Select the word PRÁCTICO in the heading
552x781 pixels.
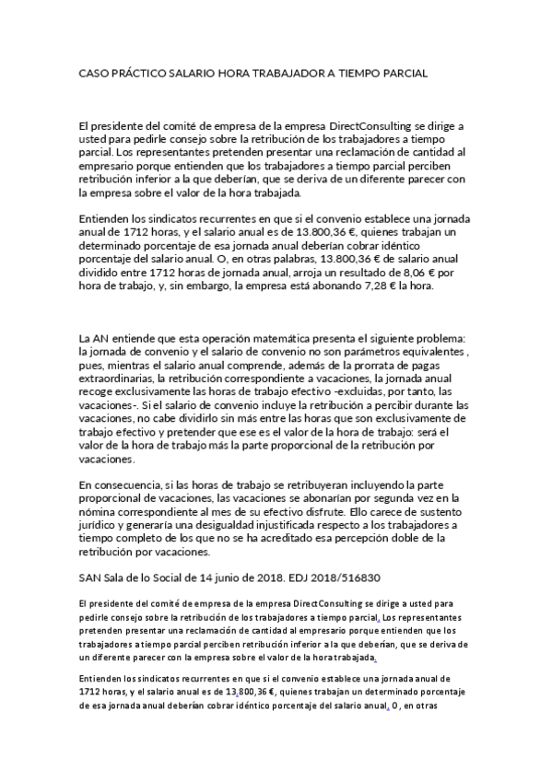coord(146,71)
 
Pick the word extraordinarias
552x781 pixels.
coord(117,378)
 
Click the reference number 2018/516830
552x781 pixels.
coord(341,577)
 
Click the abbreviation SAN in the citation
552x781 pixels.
coord(92,577)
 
